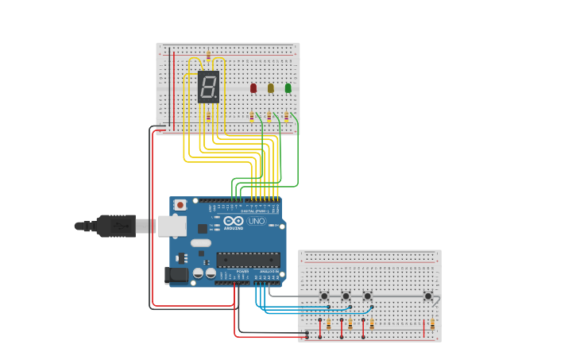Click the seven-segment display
click(208, 87)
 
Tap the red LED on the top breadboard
click(253, 88)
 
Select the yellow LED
click(271, 88)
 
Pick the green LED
click(288, 88)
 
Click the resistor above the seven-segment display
click(208, 56)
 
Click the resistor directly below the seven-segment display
click(208, 116)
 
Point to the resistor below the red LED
click(252, 116)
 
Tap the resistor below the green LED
click(286, 116)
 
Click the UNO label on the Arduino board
click(257, 221)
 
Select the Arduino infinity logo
click(234, 222)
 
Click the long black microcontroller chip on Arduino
click(249, 260)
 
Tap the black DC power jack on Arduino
click(176, 276)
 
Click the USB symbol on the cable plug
click(120, 226)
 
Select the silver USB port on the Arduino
click(172, 226)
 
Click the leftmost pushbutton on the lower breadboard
click(324, 296)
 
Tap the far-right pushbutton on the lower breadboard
click(428, 296)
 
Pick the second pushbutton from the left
click(346, 296)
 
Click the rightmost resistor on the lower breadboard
click(432, 323)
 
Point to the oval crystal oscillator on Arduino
click(201, 242)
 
